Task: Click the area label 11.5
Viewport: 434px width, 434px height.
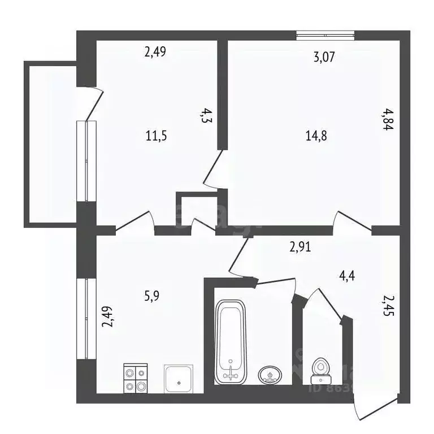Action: coord(156,136)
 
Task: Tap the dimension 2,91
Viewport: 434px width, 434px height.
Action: coord(301,246)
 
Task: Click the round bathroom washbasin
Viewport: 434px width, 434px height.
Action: coord(271,374)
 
